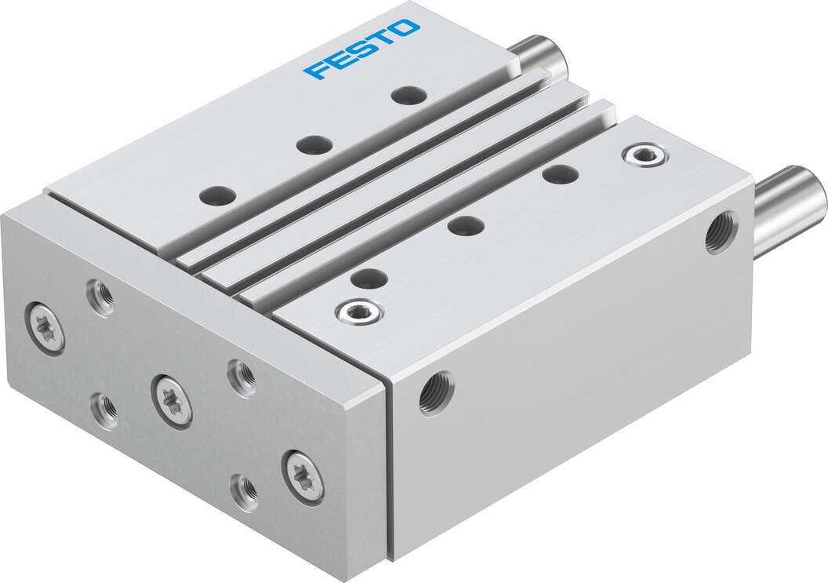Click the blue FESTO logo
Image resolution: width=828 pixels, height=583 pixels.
point(361,49)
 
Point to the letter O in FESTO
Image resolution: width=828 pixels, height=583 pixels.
point(406,28)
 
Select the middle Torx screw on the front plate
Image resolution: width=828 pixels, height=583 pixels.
point(172,400)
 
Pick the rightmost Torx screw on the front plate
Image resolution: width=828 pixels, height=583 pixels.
point(303,475)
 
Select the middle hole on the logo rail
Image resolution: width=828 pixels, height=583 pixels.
point(314,144)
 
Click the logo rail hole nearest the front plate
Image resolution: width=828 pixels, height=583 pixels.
point(217,194)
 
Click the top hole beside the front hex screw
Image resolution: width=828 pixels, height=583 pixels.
point(369,277)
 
